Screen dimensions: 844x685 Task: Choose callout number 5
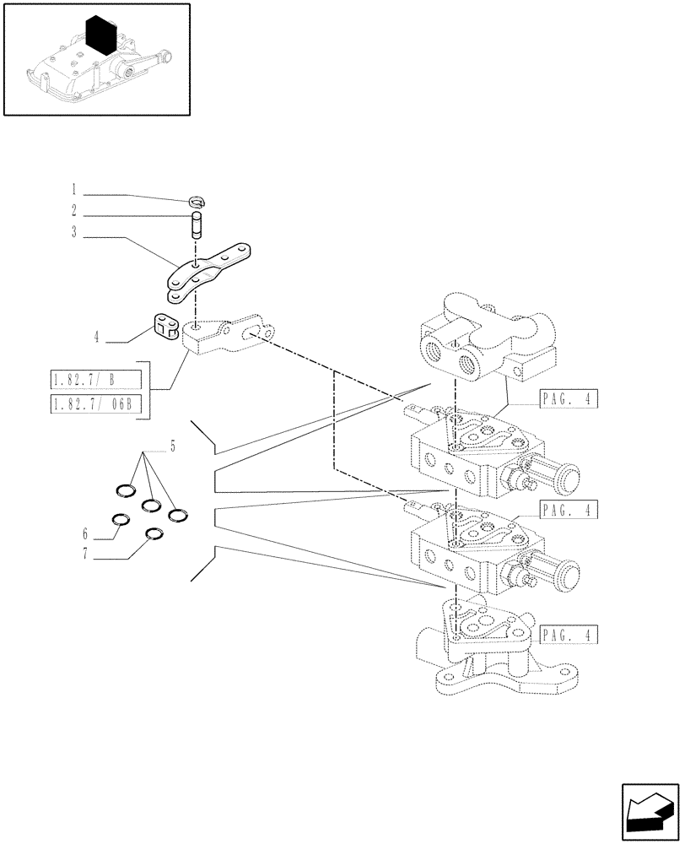tap(172, 446)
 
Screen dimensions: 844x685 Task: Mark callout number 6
tap(86, 534)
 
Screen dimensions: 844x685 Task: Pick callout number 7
tap(86, 556)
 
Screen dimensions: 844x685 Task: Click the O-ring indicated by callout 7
tap(154, 535)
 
